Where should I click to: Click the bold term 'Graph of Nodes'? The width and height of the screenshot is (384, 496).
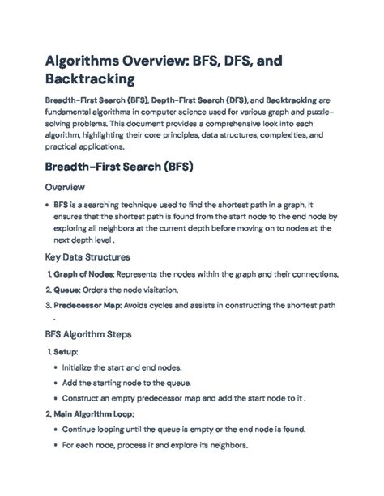pos(84,274)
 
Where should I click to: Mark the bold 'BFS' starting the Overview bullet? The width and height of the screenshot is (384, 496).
pos(62,206)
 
